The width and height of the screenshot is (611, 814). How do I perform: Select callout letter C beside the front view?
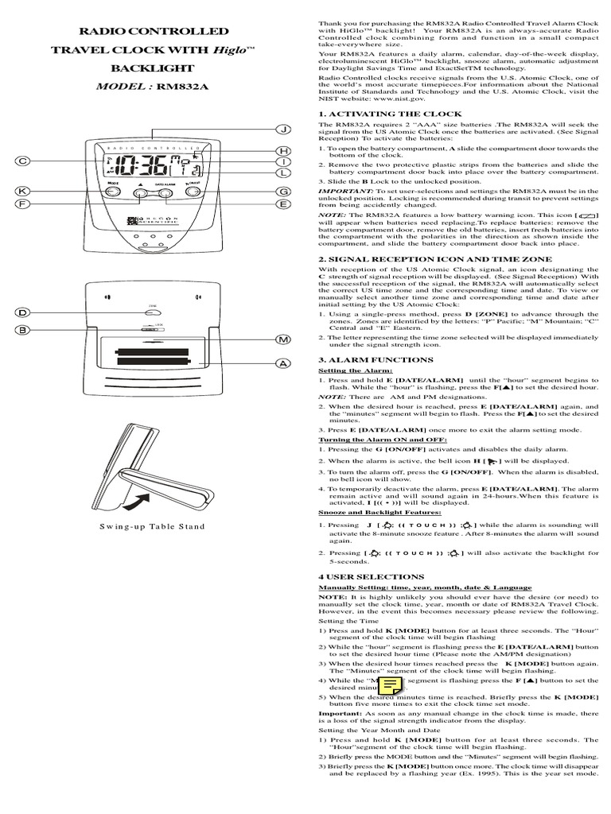pos(23,161)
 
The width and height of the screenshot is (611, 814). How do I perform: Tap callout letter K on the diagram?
pos(23,192)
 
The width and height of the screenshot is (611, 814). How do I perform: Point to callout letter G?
pos(282,192)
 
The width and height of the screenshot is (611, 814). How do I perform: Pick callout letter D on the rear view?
pos(23,313)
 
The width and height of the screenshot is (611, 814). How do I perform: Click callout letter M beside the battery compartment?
pos(282,340)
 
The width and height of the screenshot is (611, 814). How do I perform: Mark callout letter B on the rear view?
pos(23,330)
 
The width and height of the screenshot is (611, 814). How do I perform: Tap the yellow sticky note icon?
pos(390,686)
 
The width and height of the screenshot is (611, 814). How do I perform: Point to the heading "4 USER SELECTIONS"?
pos(360,576)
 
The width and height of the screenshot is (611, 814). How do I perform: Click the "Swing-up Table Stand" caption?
pos(152,526)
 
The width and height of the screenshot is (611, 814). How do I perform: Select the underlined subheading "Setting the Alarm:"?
pos(344,370)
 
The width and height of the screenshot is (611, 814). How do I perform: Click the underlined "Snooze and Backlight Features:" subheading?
pos(371,513)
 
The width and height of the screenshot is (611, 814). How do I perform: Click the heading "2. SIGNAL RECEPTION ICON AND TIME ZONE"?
pos(435,258)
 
